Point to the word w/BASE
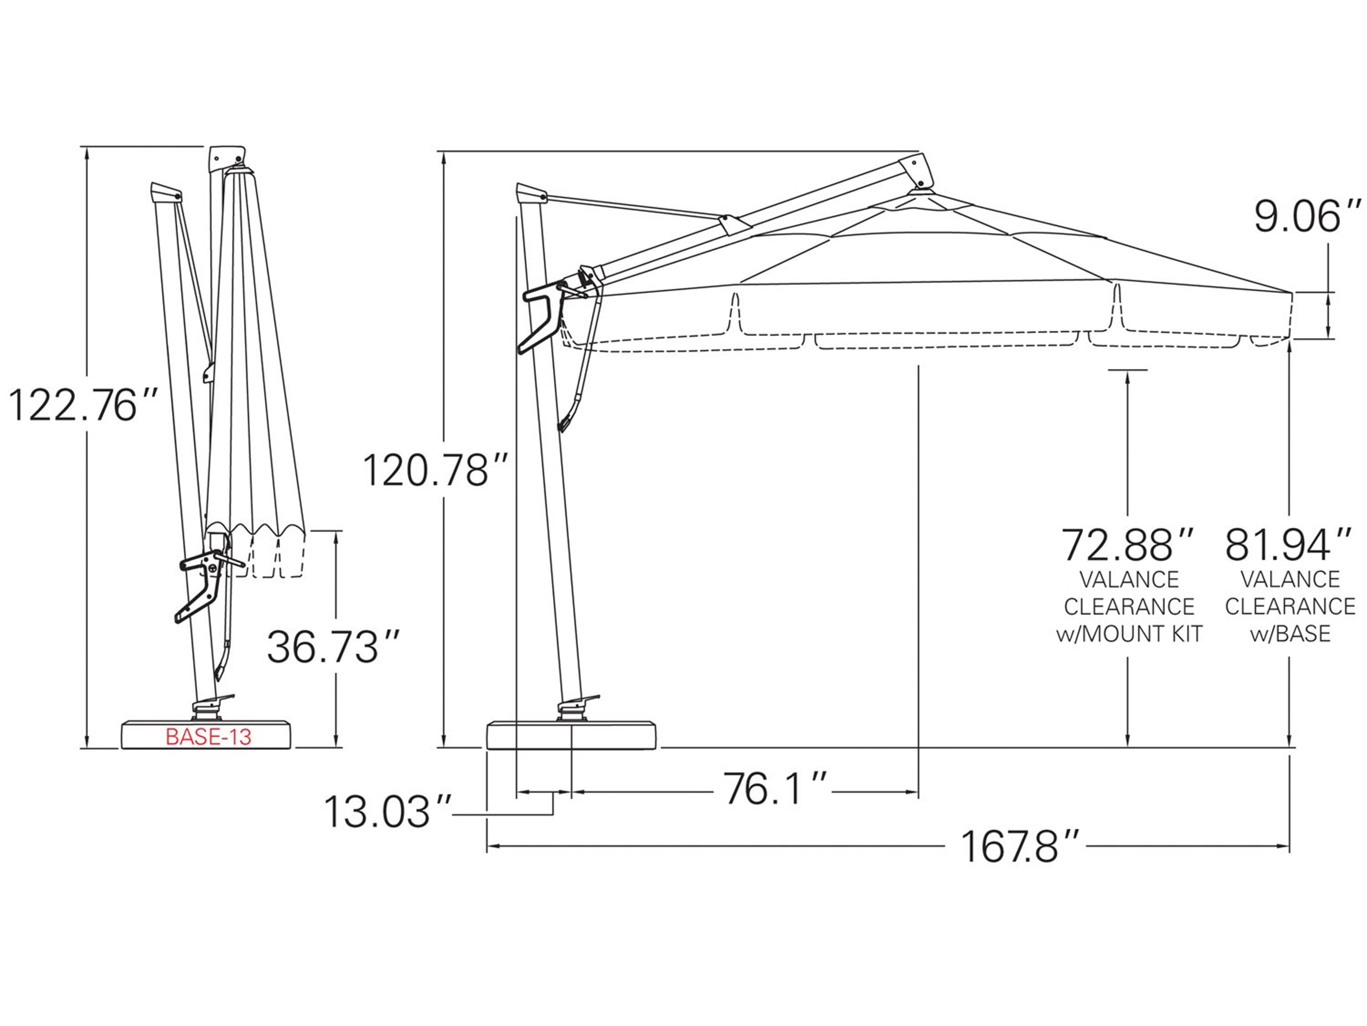[1290, 634]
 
